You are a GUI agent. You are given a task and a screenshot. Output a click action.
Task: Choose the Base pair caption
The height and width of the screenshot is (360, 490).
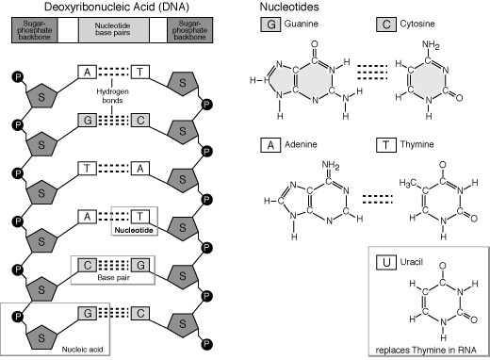(112, 279)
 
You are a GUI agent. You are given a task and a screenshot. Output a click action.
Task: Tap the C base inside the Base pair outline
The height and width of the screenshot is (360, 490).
(86, 264)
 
